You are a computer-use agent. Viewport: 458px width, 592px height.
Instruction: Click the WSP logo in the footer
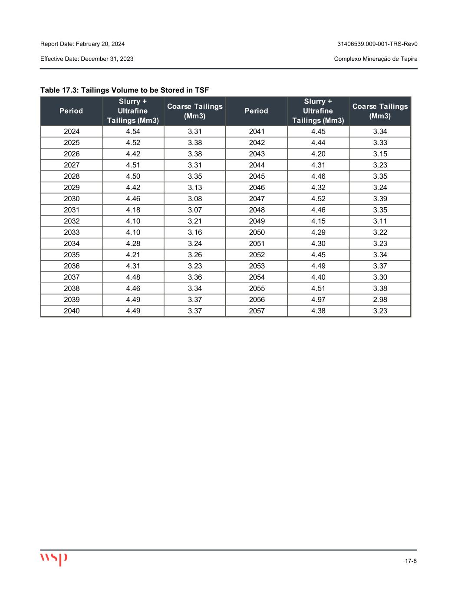[54, 559]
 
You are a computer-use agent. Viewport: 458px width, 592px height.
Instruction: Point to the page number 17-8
[411, 561]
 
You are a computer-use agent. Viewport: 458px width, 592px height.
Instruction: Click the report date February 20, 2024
[82, 44]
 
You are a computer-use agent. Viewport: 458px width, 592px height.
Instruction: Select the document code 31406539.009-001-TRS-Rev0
[377, 44]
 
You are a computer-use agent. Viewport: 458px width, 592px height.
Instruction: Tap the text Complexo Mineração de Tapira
[376, 59]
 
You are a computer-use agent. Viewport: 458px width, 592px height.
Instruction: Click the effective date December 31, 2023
[87, 59]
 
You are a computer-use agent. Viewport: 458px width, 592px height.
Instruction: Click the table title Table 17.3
[125, 90]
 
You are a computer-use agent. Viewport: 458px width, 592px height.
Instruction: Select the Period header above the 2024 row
[71, 111]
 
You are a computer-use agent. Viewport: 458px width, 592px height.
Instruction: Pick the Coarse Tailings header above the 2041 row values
[380, 111]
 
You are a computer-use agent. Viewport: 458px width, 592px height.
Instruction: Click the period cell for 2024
[72, 131]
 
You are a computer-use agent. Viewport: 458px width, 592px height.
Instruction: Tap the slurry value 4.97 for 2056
[318, 300]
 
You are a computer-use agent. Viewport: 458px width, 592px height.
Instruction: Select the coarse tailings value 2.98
[380, 300]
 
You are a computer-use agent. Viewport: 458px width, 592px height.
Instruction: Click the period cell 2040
[72, 311]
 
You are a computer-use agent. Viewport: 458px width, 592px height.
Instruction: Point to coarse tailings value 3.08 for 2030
[195, 199]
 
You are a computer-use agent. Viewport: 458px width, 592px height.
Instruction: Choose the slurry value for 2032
[133, 221]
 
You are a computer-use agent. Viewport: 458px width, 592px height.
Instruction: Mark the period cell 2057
[257, 311]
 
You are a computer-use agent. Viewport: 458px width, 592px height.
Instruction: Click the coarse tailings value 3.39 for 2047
[380, 199]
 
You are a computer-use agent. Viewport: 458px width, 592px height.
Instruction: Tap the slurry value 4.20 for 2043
[318, 154]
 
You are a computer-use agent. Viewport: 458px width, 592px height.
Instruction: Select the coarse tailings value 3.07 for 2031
[195, 210]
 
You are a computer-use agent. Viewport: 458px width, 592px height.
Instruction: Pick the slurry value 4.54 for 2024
[133, 131]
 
